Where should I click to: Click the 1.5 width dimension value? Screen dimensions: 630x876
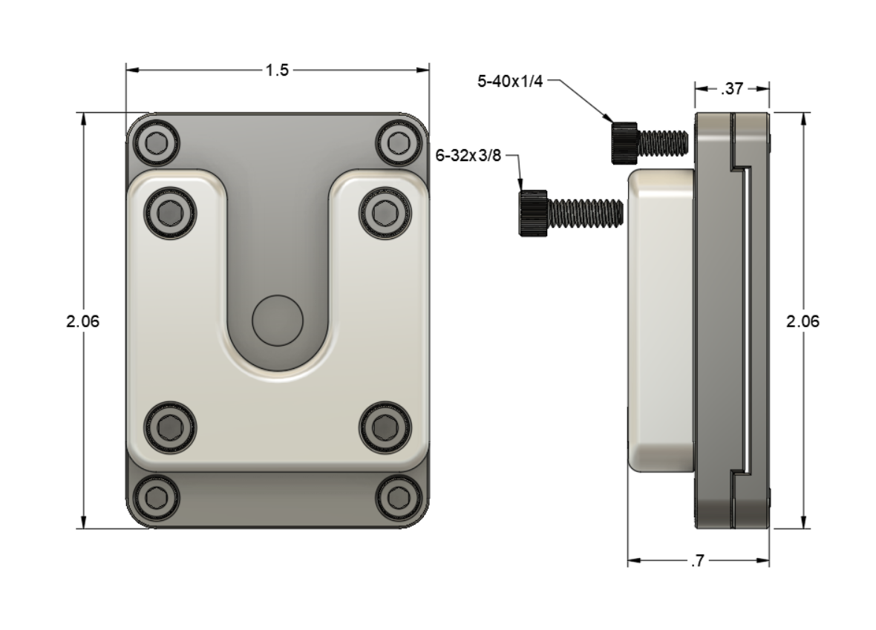277,70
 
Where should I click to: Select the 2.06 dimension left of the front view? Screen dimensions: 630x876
82,321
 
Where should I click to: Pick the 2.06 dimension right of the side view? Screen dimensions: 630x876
803,321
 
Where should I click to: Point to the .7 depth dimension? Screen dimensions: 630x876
697,562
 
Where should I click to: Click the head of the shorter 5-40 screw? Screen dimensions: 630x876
624,141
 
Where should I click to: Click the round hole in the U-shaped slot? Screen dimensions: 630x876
278,321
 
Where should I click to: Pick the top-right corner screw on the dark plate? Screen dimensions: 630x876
399,141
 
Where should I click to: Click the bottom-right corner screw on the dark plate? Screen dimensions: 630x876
399,496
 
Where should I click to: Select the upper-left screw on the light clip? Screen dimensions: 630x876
173,214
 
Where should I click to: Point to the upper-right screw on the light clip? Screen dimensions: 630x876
383,214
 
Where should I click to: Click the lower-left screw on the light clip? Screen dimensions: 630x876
173,426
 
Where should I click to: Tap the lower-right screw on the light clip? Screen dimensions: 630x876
383,426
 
